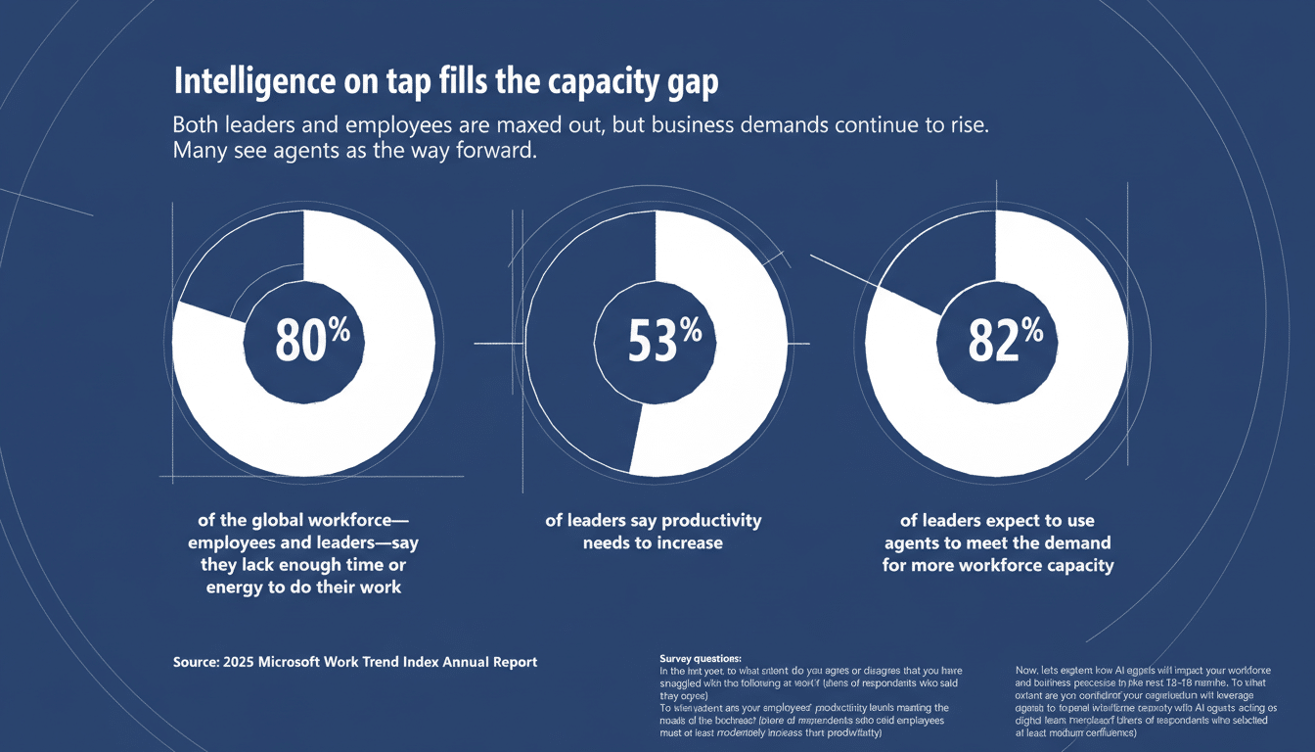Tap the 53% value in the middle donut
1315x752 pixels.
tap(662, 344)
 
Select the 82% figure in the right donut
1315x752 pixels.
tap(1004, 342)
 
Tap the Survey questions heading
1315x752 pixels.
tap(701, 658)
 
